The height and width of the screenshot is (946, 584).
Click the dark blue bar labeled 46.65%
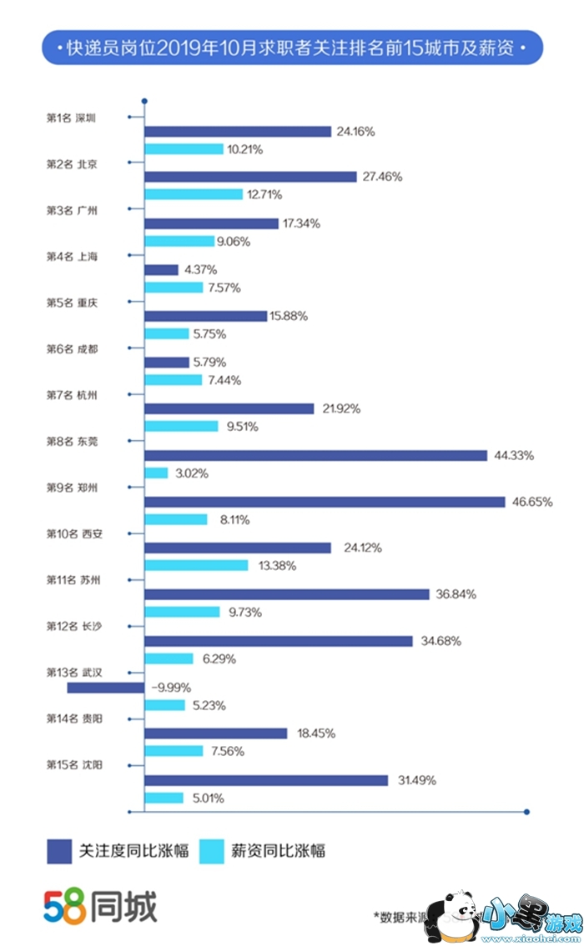click(325, 502)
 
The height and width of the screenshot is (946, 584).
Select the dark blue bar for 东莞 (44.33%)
click(315, 455)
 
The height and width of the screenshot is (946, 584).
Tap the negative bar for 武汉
click(105, 688)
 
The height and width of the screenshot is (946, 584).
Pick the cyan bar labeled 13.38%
click(196, 565)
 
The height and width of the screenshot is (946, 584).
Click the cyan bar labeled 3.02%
click(156, 473)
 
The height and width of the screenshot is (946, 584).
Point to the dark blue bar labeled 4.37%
click(161, 270)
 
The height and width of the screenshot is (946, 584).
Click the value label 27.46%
click(382, 177)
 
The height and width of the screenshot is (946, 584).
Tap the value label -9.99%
click(172, 688)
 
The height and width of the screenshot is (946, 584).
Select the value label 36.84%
click(455, 594)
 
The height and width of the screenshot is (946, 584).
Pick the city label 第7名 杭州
click(71, 395)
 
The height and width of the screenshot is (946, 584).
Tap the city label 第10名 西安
click(73, 533)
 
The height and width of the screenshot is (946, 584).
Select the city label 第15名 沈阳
click(73, 764)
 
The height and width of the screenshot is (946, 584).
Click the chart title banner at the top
click(292, 48)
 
